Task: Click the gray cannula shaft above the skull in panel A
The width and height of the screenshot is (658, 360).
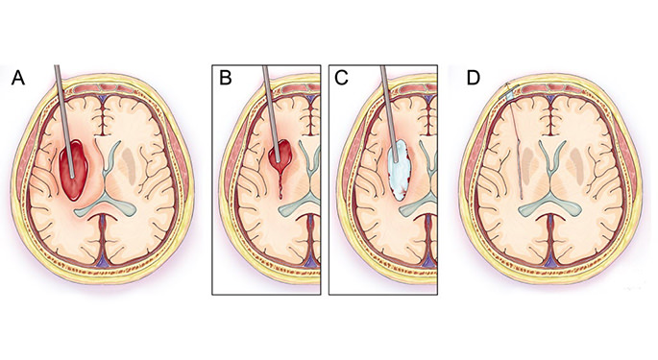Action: tap(61, 82)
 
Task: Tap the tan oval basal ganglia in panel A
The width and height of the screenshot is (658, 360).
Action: tap(140, 159)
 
